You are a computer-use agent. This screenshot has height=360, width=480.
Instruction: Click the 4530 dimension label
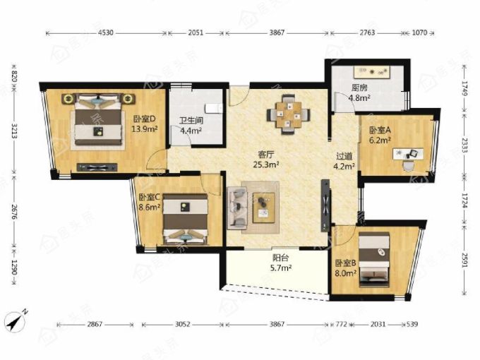106,32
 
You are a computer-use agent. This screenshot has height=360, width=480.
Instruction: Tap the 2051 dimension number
196,32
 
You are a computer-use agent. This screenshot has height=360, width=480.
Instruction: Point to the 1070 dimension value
419,32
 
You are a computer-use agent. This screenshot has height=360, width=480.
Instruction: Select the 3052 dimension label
182,324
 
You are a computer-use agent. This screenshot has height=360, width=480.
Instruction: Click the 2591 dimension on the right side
465,260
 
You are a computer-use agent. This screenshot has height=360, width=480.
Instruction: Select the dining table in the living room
289,114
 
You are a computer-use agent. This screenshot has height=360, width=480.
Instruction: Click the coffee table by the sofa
263,208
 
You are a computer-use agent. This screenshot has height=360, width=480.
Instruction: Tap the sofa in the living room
237,208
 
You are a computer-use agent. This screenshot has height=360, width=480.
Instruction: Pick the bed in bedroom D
99,120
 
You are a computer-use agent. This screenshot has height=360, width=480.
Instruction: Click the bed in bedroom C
185,220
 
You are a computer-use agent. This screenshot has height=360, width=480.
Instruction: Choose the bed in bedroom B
374,260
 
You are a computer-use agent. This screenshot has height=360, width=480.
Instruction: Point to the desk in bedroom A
408,154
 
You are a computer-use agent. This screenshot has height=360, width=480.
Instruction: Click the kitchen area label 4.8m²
359,98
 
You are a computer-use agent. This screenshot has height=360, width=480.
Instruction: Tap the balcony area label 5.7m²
281,268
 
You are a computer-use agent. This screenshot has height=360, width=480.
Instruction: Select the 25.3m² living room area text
265,164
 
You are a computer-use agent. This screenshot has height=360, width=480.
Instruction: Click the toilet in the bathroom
213,108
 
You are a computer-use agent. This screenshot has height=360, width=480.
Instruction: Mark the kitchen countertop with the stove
372,72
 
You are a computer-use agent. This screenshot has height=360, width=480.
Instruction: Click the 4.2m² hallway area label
344,166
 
